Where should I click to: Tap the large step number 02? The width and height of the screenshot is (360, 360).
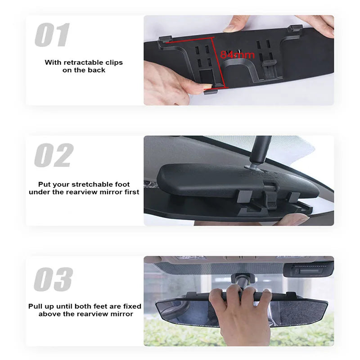click(x=54, y=156)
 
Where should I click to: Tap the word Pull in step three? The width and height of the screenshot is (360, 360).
click(x=36, y=306)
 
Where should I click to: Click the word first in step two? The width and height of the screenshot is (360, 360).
click(x=130, y=192)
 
